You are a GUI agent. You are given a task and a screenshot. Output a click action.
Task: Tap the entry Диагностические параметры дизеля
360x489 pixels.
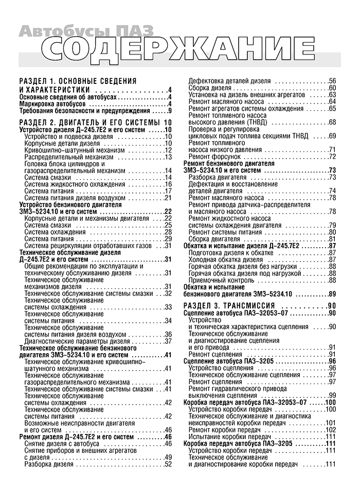point(74,341)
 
